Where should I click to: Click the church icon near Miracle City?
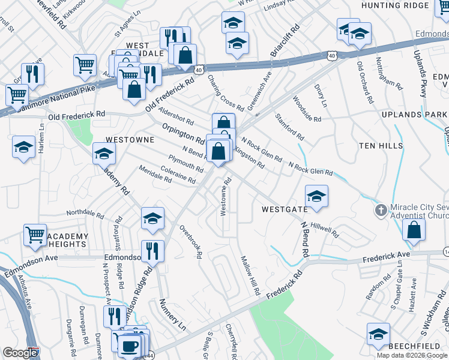[380, 211]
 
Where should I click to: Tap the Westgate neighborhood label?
[285, 209]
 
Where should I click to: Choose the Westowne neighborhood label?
[130, 139]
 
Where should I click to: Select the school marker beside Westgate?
[316, 196]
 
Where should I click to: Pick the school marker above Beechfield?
[378, 334]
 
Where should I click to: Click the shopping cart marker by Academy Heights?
[35, 235]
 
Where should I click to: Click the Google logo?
[20, 353]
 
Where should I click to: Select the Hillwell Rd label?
[325, 230]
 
